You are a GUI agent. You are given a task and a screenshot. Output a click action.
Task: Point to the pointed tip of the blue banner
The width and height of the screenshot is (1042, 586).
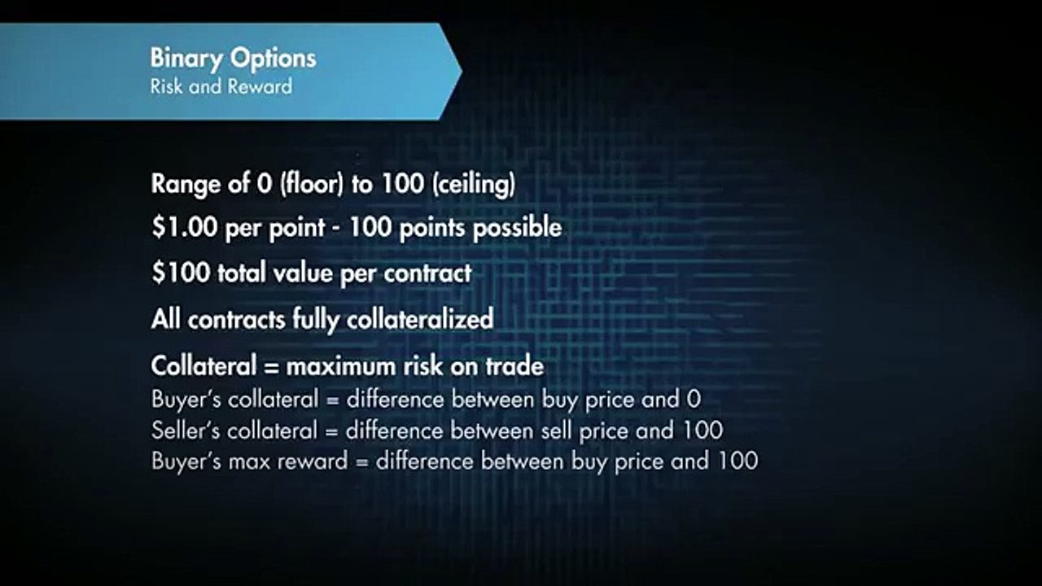pyautogui.click(x=461, y=72)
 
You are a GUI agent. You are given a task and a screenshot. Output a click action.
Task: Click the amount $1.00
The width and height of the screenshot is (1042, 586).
pyautogui.click(x=184, y=227)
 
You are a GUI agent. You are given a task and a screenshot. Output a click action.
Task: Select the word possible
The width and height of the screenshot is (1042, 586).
pyautogui.click(x=518, y=227)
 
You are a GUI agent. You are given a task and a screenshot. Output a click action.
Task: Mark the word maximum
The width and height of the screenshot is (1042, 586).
pyautogui.click(x=342, y=366)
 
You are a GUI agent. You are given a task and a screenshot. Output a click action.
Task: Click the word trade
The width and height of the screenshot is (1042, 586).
pyautogui.click(x=514, y=366)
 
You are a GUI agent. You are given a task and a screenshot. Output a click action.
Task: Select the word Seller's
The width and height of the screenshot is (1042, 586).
pyautogui.click(x=186, y=429)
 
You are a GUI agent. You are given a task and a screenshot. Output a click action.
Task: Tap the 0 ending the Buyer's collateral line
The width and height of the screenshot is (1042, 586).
pyautogui.click(x=694, y=399)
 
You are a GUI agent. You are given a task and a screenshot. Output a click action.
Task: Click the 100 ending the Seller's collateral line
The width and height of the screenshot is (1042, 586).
pyautogui.click(x=705, y=429)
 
